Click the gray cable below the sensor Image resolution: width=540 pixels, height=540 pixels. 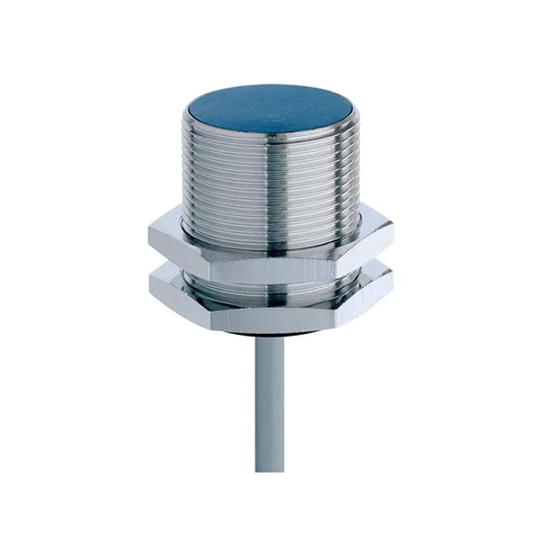269,405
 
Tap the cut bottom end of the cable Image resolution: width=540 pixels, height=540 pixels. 269,468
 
